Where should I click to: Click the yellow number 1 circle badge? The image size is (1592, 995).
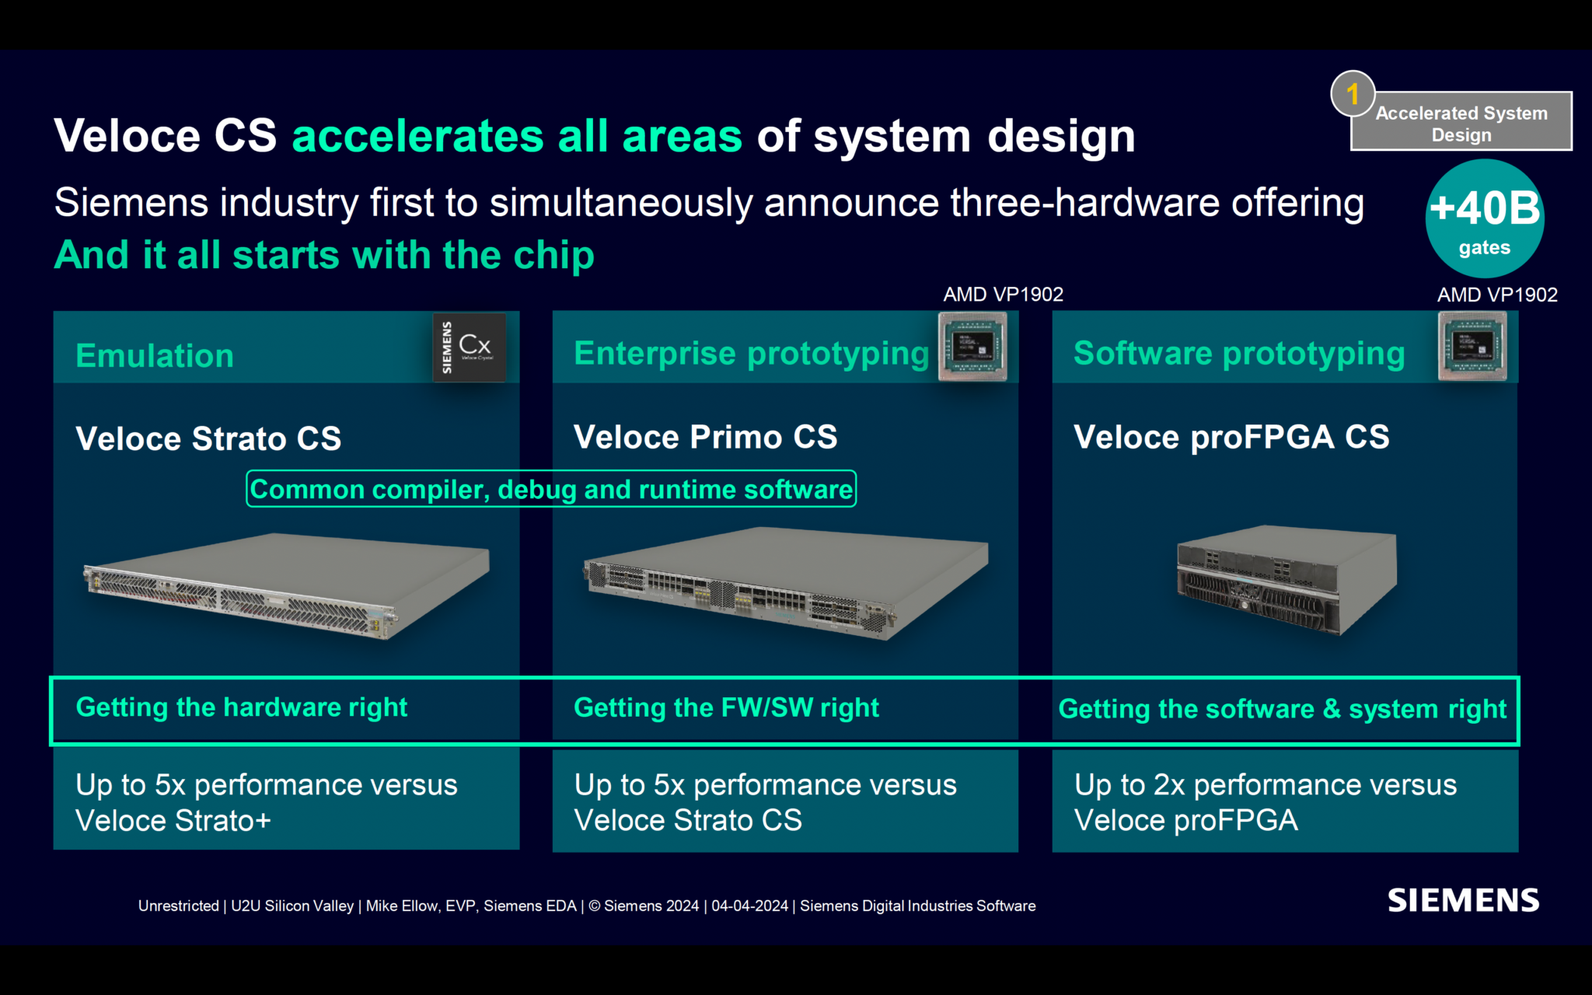1353,94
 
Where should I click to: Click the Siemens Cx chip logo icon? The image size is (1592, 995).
470,347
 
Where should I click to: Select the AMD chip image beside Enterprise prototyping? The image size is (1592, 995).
972,347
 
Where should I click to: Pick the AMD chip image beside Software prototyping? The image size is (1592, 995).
1472,347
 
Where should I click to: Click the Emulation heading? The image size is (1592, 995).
155,356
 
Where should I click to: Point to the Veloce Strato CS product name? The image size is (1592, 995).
208,438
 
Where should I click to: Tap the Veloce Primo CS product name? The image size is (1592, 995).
705,437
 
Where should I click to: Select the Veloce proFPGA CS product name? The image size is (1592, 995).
1231,437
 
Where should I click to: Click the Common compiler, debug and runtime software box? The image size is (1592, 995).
551,489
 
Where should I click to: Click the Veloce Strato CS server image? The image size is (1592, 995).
286,585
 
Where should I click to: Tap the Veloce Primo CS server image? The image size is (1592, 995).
785,583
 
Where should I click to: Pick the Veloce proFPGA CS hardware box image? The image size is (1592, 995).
1287,579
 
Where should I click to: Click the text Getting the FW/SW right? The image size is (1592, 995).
726,708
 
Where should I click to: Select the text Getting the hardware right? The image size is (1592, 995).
242,707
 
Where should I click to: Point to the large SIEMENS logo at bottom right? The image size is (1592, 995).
1463,900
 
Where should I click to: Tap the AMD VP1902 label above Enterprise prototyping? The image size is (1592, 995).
1003,295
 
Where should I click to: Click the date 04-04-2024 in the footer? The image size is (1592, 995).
749,906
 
